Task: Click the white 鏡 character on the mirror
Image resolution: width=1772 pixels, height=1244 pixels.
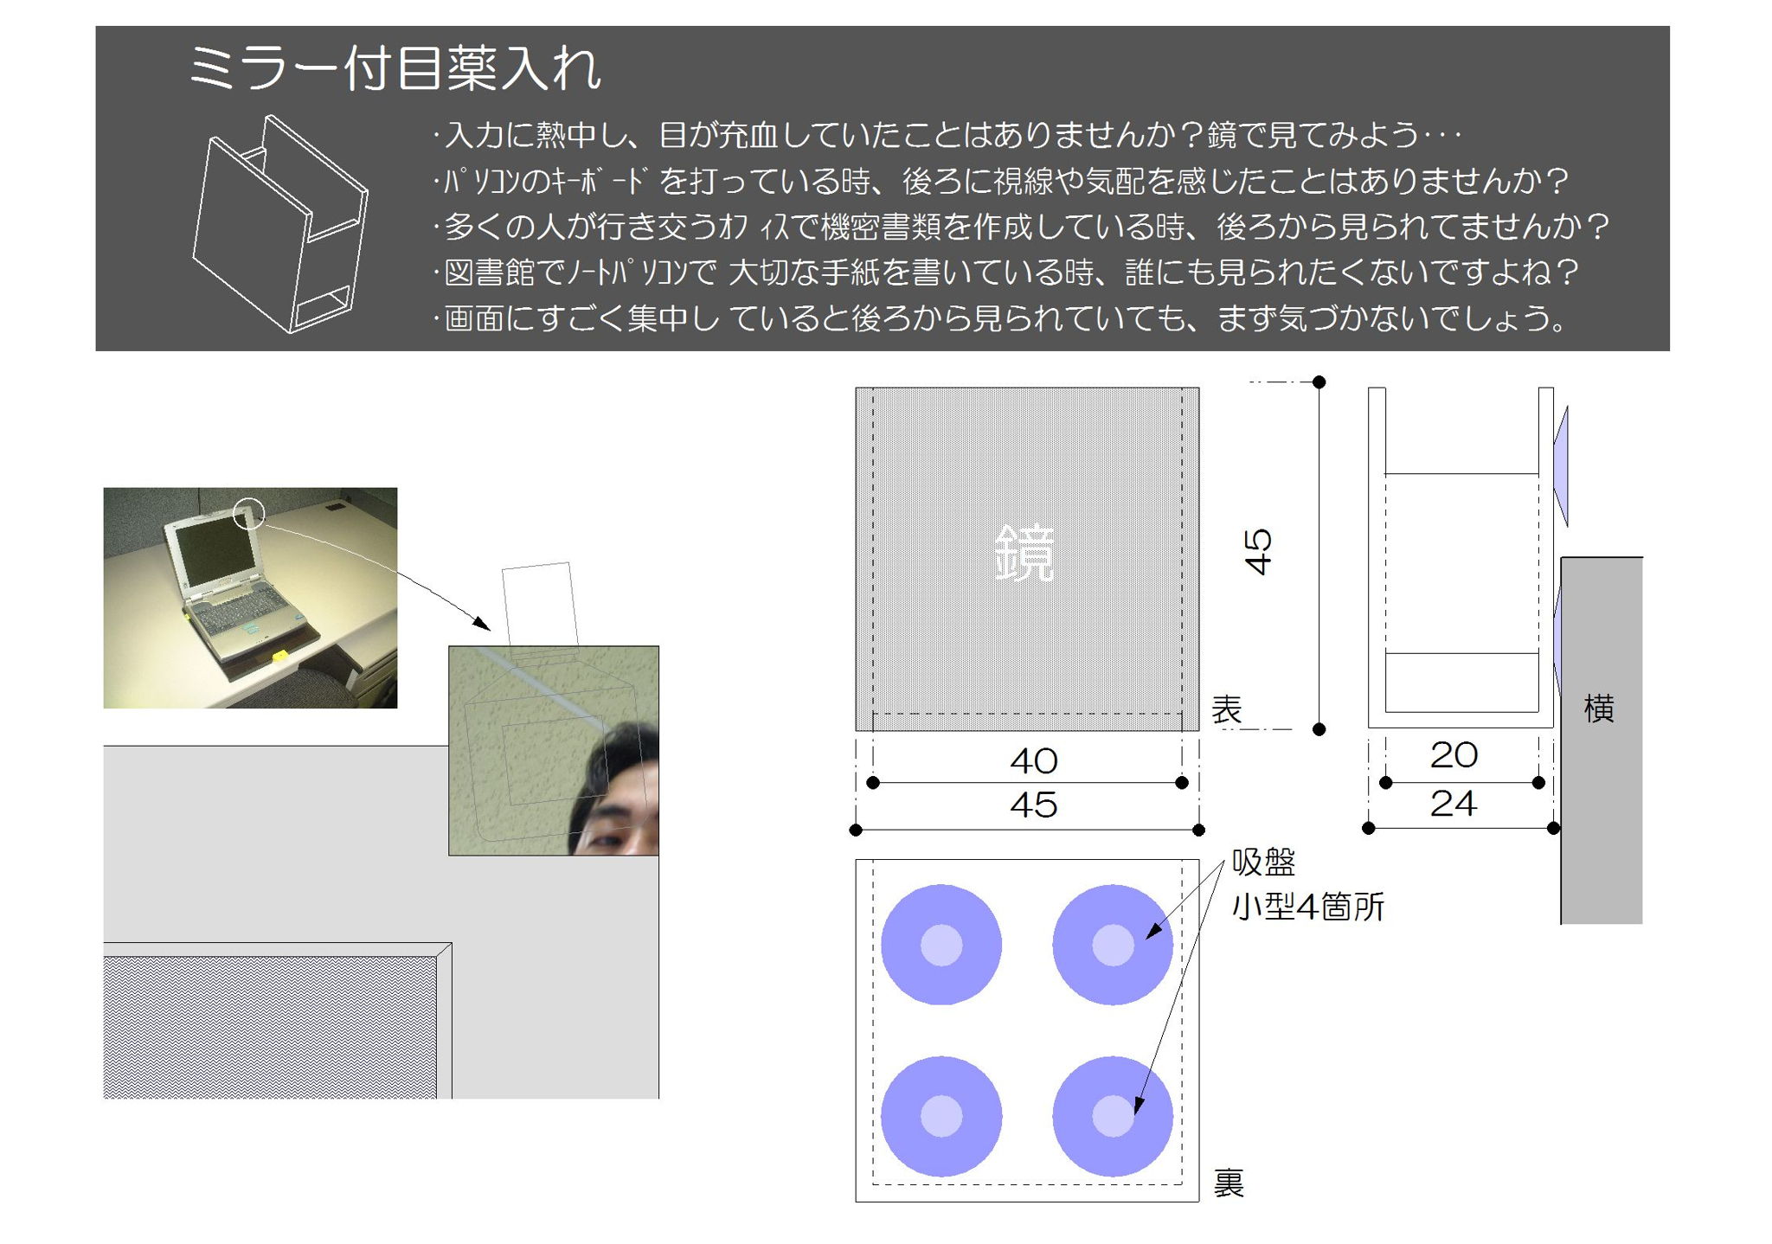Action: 1024,553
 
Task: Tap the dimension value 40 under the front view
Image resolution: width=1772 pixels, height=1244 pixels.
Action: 1034,761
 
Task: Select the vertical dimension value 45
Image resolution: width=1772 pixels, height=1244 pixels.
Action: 1258,552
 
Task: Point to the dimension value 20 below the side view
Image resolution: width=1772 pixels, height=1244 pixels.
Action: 1454,755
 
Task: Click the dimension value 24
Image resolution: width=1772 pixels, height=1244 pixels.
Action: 1454,804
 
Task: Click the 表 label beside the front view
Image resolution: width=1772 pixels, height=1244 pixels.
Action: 1227,709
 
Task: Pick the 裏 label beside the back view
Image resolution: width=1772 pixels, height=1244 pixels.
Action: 1229,1183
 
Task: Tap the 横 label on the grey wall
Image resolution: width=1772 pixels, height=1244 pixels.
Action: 1599,709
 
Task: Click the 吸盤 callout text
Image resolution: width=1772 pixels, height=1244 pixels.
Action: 1264,862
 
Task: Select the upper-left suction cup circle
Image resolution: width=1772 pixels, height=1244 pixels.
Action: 941,945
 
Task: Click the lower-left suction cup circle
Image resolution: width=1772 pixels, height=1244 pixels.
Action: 941,1116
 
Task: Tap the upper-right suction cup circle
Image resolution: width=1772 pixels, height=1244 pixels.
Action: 1113,945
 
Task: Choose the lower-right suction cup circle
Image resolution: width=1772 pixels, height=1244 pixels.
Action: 1113,1116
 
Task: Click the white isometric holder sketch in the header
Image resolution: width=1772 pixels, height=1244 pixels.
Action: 279,224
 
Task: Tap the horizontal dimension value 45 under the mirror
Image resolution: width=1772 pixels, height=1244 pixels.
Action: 1034,805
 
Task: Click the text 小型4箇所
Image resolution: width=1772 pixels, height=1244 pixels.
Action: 1308,907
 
